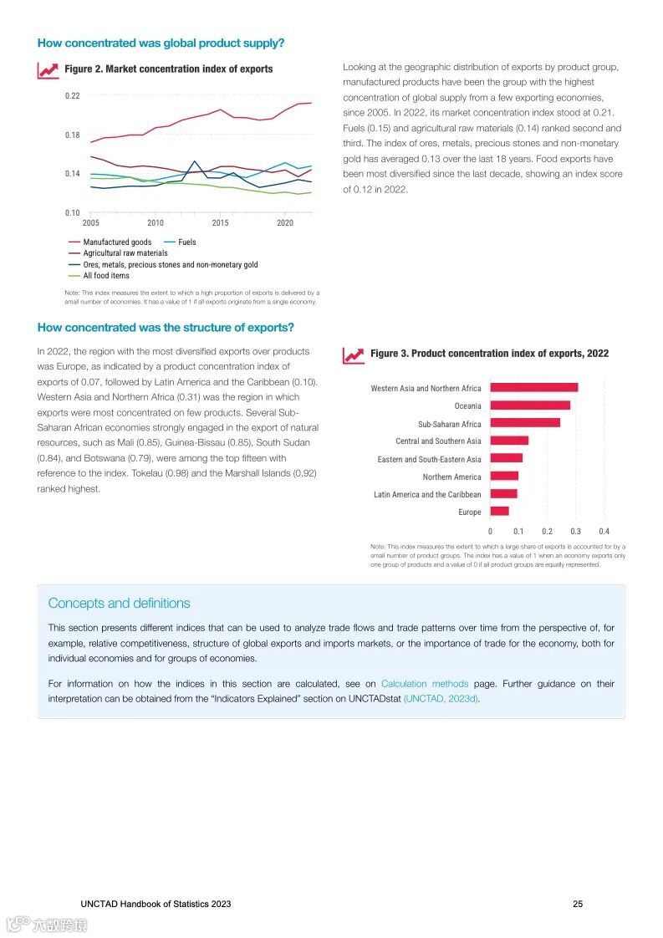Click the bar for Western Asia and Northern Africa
(x=533, y=388)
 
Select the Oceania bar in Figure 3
(x=530, y=405)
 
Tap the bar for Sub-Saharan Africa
(x=525, y=423)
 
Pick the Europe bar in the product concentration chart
(x=499, y=512)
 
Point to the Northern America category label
(x=451, y=477)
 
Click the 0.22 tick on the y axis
(x=72, y=96)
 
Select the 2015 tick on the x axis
(x=220, y=223)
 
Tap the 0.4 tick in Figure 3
(x=604, y=531)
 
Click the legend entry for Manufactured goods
(x=117, y=242)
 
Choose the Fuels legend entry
(x=186, y=242)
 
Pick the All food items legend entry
(x=106, y=275)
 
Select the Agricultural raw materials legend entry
(x=125, y=253)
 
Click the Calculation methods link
(x=425, y=684)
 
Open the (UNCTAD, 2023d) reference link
(x=441, y=699)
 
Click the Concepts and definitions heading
(x=119, y=604)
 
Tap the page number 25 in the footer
(x=578, y=904)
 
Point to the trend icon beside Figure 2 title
(x=48, y=69)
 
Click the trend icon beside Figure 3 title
(x=354, y=354)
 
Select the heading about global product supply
(x=161, y=43)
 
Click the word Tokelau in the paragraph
(x=147, y=473)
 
